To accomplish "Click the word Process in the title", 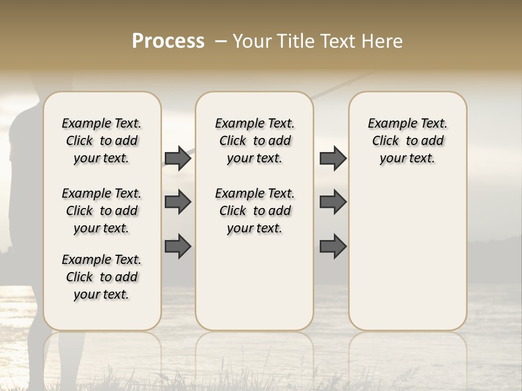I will click(168, 41).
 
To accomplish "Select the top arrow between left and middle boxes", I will click(178, 158).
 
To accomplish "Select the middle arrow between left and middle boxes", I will click(178, 202).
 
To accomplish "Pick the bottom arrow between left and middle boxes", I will click(178, 247).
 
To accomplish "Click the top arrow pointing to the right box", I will click(333, 158).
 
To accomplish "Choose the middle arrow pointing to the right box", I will click(333, 202).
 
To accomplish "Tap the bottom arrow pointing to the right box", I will click(333, 247).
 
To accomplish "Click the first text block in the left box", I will click(102, 141).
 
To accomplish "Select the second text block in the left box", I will click(102, 211).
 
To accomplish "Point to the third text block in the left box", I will click(102, 277).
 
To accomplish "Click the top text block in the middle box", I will click(254, 141).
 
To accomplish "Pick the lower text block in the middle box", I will click(254, 211).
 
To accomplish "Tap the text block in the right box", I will click(407, 141).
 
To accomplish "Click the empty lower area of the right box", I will click(407, 255).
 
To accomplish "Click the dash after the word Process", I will click(220, 41).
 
